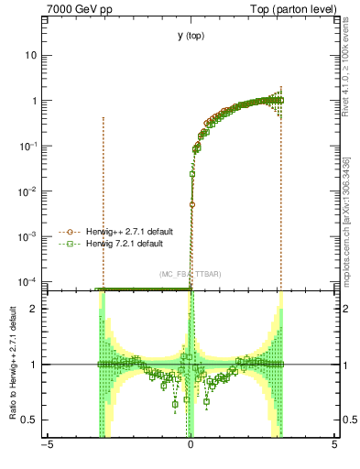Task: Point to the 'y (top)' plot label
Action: click(190, 36)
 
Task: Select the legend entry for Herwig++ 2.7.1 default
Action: click(125, 233)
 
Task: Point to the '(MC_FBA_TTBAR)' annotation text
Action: click(190, 274)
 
